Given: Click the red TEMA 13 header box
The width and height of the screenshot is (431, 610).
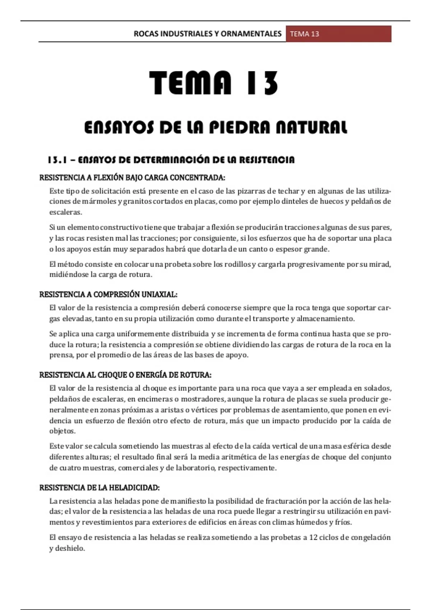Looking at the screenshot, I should [338, 34].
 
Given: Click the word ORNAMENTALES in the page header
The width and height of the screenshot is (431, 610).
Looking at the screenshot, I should [251, 34].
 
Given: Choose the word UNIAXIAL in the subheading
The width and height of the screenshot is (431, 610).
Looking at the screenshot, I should [159, 295].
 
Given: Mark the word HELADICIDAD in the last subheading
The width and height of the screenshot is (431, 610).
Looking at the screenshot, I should [134, 488].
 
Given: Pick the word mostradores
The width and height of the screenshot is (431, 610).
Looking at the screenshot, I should [203, 399].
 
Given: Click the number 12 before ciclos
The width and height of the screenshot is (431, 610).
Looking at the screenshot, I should [313, 538].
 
